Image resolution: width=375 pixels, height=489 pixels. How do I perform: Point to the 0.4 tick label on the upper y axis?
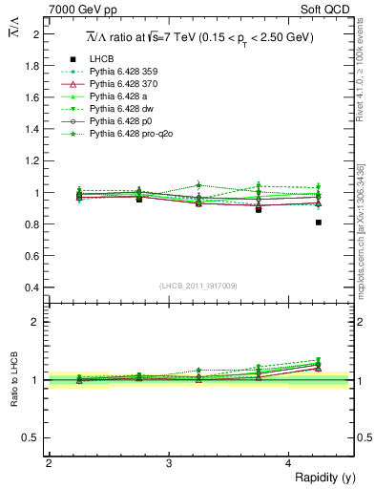33,287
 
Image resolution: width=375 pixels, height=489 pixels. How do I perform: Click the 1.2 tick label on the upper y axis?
33,160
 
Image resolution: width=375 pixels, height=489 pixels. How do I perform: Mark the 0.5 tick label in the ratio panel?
33,437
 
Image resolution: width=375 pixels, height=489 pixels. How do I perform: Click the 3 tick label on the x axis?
169,463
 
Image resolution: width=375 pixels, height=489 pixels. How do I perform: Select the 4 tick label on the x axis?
289,463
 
